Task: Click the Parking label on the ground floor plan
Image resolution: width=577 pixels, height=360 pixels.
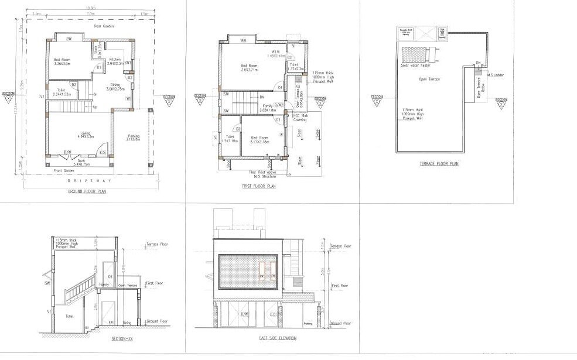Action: tap(134, 138)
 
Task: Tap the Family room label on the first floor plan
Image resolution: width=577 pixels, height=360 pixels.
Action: tap(268, 107)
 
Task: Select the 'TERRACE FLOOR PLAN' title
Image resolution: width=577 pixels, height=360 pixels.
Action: tap(439, 164)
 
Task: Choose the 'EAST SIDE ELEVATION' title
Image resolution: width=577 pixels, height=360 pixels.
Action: tap(277, 338)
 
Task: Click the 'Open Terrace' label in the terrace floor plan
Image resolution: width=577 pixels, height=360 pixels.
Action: tap(429, 79)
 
